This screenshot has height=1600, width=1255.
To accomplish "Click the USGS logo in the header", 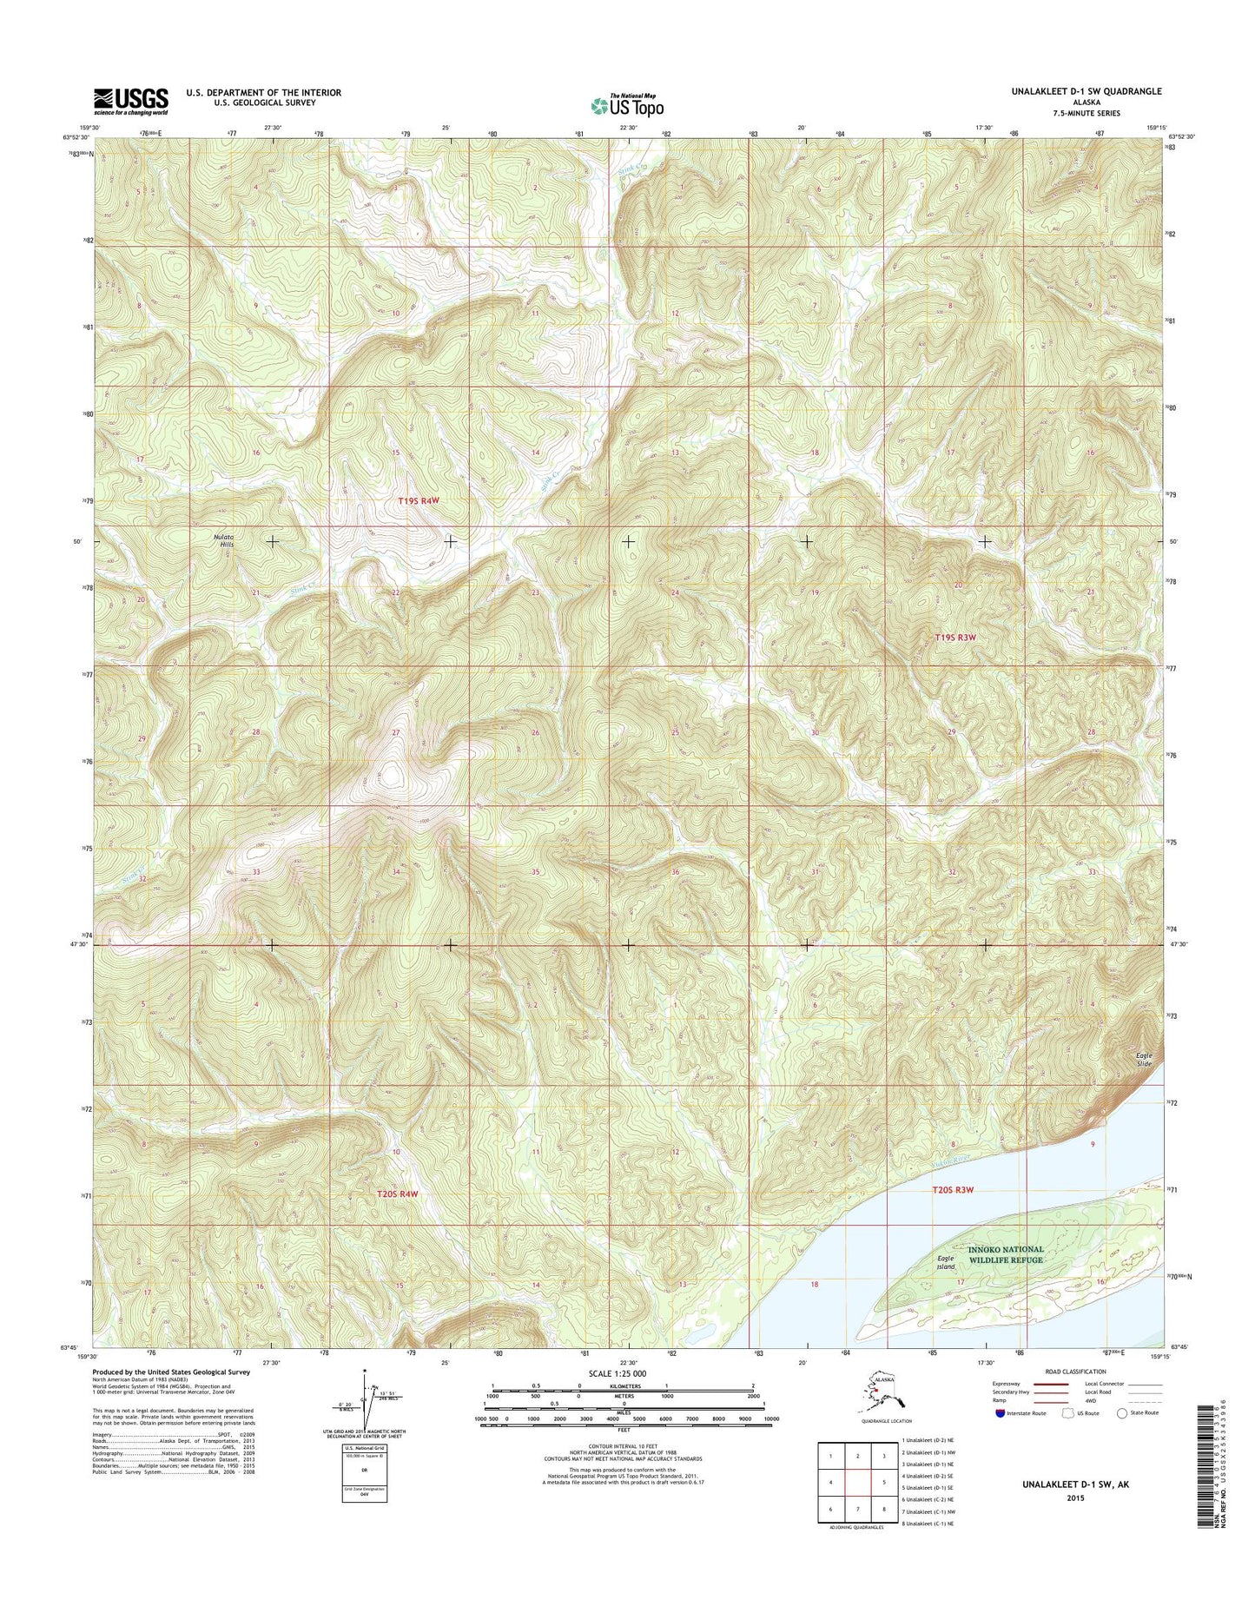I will point(130,101).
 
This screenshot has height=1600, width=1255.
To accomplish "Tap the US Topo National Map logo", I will point(627,105).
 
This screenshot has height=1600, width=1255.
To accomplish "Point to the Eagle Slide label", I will point(1145,1060).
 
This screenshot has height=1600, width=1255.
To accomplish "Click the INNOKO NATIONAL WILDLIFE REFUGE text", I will point(1006,1254).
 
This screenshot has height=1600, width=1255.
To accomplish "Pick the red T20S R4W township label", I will point(398,1194).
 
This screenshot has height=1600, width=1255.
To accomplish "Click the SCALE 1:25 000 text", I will point(618,1373).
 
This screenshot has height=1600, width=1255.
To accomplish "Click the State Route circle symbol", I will point(1122,1413).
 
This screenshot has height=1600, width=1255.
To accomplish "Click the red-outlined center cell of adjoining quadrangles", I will point(857,1483).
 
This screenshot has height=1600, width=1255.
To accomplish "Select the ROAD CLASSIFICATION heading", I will point(1075,1372).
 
